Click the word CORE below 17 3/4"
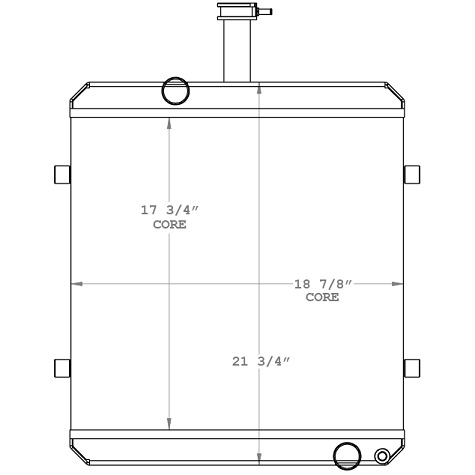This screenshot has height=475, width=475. click(169, 224)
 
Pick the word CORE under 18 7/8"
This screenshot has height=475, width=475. click(322, 297)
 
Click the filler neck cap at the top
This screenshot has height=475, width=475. click(236, 11)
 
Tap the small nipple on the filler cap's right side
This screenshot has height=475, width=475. click(266, 12)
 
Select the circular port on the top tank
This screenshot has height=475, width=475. click(175, 91)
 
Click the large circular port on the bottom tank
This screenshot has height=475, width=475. click(347, 455)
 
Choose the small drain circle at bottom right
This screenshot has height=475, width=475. click(382, 457)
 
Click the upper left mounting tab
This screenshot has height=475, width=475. click(60, 174)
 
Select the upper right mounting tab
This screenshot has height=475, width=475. click(411, 174)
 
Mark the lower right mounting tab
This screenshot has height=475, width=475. click(411, 367)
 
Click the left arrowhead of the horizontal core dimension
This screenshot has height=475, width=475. click(73, 285)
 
